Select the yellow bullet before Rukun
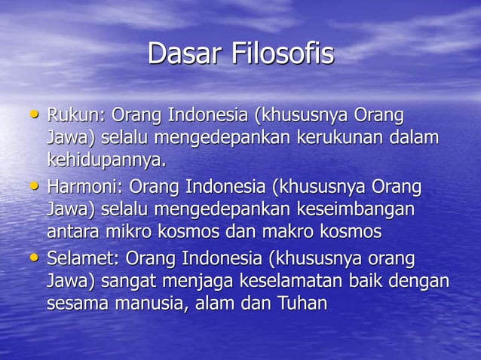(32, 114)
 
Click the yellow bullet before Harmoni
(32, 184)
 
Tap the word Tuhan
(302, 304)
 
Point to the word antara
(72, 230)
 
